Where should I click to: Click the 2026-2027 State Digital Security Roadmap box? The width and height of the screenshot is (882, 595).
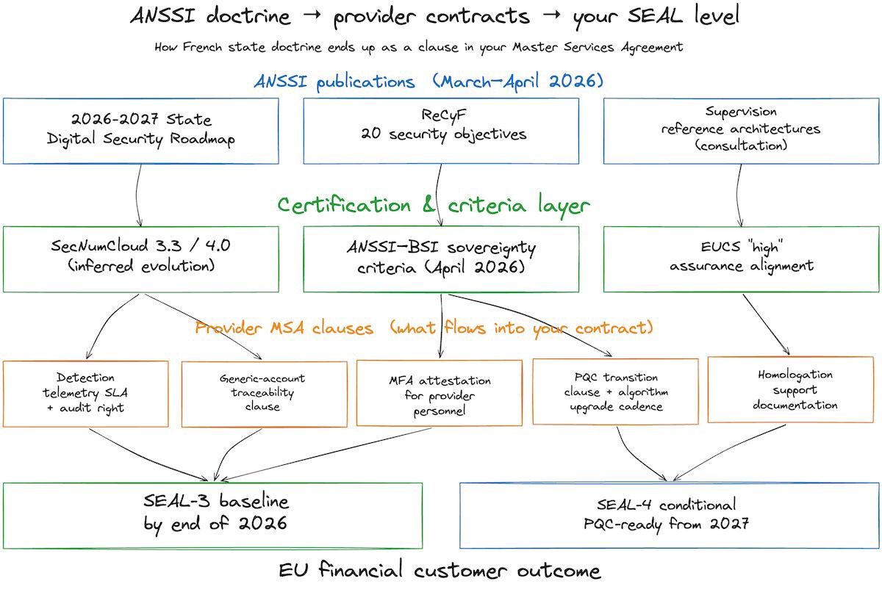point(141,131)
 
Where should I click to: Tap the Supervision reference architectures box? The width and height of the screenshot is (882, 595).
point(741,131)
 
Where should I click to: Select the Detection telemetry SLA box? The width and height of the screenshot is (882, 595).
point(86,393)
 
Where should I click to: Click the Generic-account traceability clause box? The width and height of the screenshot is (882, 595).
point(264,393)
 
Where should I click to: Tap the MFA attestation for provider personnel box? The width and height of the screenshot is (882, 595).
point(440,393)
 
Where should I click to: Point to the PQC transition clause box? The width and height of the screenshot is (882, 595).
point(615,391)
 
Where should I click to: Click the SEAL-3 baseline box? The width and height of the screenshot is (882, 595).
point(213,514)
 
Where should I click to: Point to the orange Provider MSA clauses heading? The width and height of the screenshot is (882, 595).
point(424,328)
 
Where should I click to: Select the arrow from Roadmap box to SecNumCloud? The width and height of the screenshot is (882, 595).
point(137,195)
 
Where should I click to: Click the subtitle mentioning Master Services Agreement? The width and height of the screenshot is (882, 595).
point(419,47)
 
